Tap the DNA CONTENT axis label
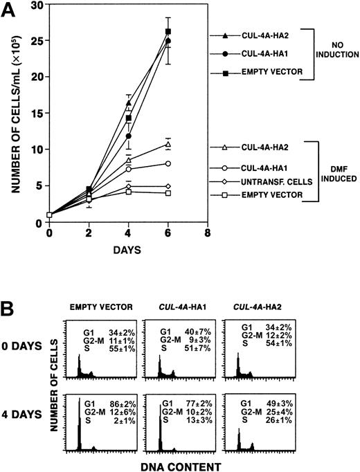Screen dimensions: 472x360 point(183,466)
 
